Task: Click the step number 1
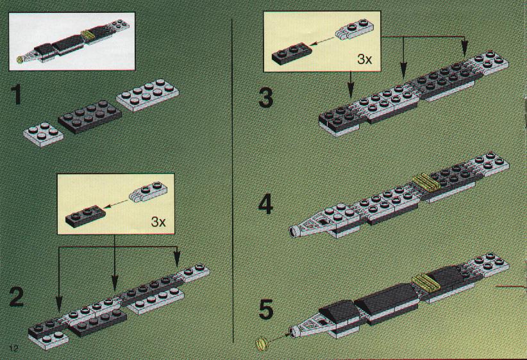click(x=16, y=95)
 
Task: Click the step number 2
click(x=17, y=297)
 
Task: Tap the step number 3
click(x=266, y=98)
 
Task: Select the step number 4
click(x=265, y=205)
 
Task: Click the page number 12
click(x=13, y=348)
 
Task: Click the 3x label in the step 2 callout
click(x=158, y=222)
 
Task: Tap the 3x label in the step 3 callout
click(x=365, y=59)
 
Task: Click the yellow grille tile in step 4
click(x=426, y=183)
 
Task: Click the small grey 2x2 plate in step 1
click(x=44, y=134)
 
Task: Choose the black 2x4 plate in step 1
click(x=90, y=116)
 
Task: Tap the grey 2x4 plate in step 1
click(x=147, y=95)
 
